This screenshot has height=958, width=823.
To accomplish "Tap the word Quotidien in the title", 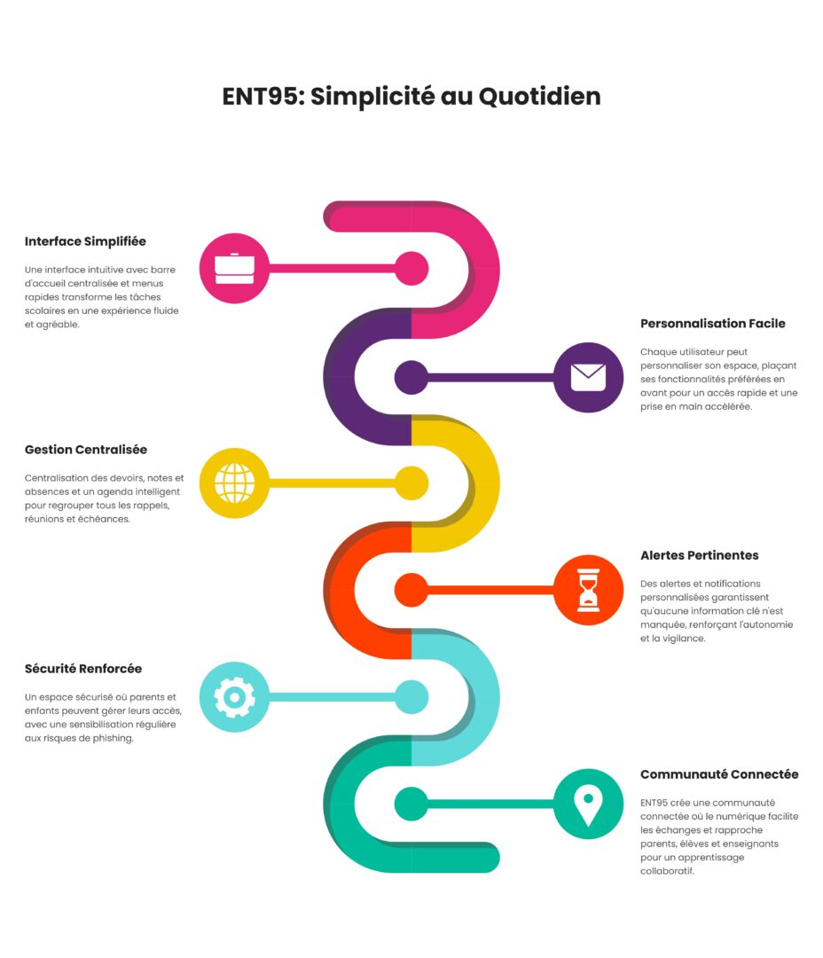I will pyautogui.click(x=539, y=97).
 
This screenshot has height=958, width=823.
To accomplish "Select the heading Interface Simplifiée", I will pyautogui.click(x=85, y=241).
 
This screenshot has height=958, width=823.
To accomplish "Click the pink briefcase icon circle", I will pyautogui.click(x=234, y=269).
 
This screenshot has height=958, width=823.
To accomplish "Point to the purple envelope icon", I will pyautogui.click(x=588, y=377).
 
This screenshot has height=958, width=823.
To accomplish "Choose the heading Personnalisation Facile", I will pyautogui.click(x=713, y=324).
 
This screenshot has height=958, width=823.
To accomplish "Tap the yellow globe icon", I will pyautogui.click(x=234, y=483).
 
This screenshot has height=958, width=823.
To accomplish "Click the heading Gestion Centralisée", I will pyautogui.click(x=86, y=450).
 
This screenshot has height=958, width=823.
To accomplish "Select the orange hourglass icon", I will pyautogui.click(x=588, y=591).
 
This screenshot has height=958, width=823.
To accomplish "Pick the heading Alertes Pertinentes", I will pyautogui.click(x=700, y=555).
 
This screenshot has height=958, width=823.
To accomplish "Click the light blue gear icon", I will pyautogui.click(x=234, y=697).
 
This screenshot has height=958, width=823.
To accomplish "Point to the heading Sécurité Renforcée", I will pyautogui.click(x=83, y=669).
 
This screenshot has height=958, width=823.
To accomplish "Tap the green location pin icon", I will pyautogui.click(x=588, y=804).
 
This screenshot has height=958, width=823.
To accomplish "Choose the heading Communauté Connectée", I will pyautogui.click(x=719, y=774).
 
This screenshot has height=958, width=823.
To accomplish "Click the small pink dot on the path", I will pyautogui.click(x=411, y=269).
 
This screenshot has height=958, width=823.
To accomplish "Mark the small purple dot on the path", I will pyautogui.click(x=411, y=377).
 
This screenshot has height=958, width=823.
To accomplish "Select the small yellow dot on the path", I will pyautogui.click(x=411, y=483).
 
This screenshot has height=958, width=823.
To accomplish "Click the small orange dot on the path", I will pyautogui.click(x=411, y=591).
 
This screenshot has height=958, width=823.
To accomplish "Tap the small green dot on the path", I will pyautogui.click(x=411, y=804).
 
